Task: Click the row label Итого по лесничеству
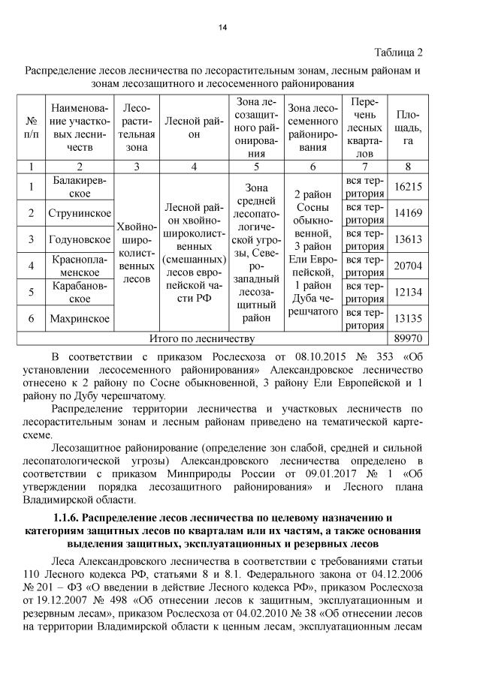pos(204,338)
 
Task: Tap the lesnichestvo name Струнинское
pos(80,213)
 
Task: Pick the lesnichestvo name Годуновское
pos(80,239)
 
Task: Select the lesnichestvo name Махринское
pos(80,318)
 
